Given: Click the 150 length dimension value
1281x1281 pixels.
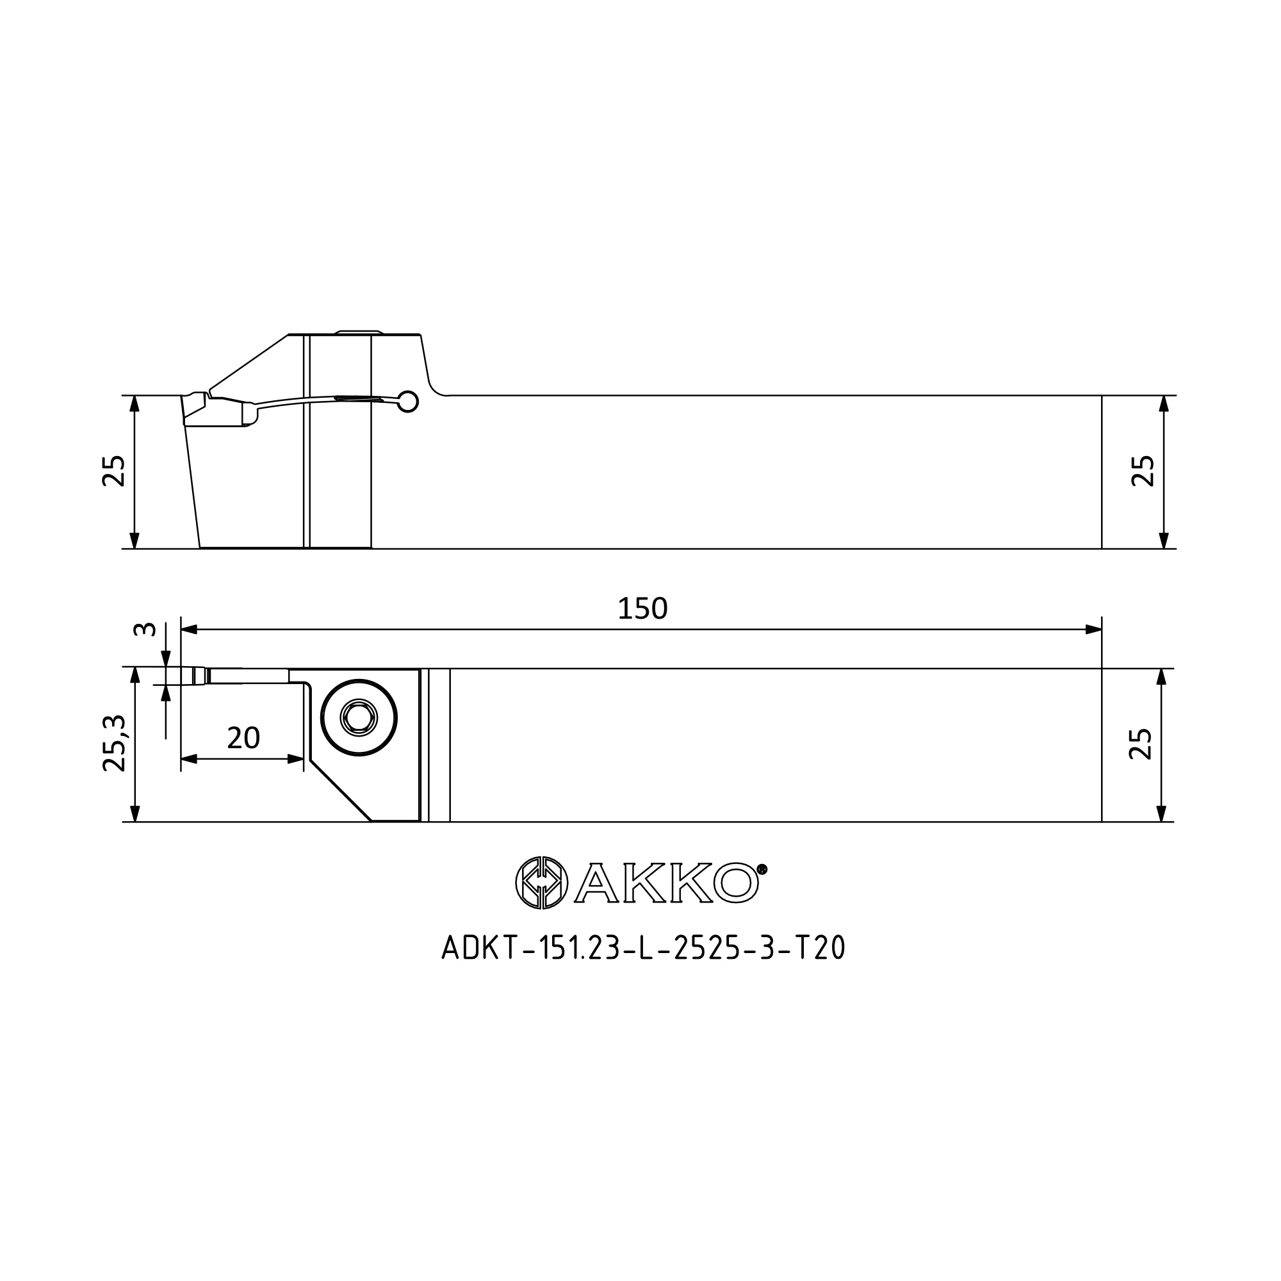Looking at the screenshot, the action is point(642,608).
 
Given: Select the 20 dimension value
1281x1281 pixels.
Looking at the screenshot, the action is point(243,738).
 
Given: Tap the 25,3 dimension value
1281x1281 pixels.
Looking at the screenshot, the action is point(114,743).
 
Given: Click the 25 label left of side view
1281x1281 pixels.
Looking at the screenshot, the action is point(113,471).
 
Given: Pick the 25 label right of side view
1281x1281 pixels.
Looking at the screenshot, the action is point(1143,471).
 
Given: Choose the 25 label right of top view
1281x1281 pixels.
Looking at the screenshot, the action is point(1141,744).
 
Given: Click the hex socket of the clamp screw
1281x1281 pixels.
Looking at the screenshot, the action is point(359,717).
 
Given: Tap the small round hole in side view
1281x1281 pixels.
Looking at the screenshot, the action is point(409,401).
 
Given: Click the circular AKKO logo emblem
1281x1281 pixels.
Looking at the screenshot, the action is point(542,882).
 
